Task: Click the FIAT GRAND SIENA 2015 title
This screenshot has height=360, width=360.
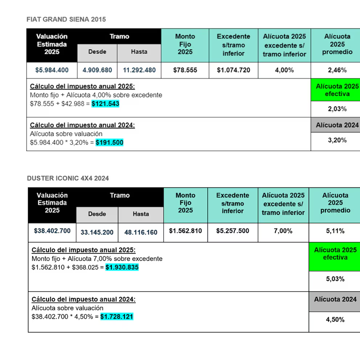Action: (x=66, y=19)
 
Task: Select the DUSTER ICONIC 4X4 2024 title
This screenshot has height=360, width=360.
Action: (x=68, y=179)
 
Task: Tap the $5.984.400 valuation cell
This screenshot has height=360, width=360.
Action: (x=52, y=70)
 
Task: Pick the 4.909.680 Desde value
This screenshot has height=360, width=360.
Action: (x=97, y=70)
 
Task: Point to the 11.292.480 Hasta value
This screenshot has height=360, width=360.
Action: (x=139, y=70)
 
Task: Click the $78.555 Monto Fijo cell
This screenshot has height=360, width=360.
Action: (x=185, y=70)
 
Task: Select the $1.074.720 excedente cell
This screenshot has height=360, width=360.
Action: (x=233, y=70)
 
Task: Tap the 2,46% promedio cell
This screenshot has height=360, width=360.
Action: (x=337, y=70)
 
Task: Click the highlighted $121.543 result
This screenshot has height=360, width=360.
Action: (x=105, y=104)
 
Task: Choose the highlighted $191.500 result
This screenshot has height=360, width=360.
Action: (x=110, y=143)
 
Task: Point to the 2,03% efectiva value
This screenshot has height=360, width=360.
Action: (x=337, y=109)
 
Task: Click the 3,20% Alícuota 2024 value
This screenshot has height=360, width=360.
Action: (x=337, y=140)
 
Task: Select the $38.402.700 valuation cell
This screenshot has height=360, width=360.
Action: (x=52, y=231)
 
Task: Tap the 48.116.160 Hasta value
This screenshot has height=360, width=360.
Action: (x=141, y=232)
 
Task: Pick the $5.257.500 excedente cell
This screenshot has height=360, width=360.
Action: (x=233, y=231)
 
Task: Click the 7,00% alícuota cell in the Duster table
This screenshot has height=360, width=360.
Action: (x=283, y=231)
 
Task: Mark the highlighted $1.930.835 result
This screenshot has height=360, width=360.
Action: (x=122, y=267)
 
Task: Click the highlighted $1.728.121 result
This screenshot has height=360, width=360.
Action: (x=117, y=316)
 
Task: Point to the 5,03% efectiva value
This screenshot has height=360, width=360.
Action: (x=335, y=279)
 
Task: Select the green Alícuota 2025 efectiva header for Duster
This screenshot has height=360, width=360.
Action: (x=335, y=257)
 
